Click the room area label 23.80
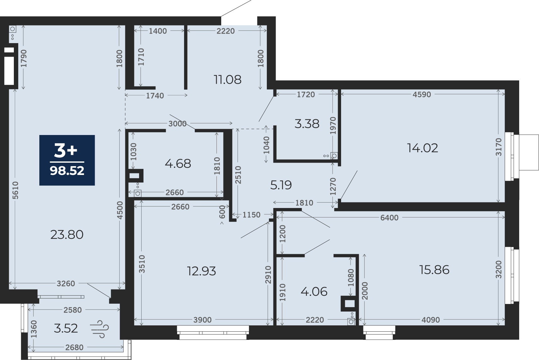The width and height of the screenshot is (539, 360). [67, 235]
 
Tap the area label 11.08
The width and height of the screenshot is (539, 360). [227, 80]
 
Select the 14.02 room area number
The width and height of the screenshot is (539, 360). [423, 148]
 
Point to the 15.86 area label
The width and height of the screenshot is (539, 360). [434, 270]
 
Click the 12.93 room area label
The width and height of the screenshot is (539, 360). [201, 271]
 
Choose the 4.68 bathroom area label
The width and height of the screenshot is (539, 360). [178, 164]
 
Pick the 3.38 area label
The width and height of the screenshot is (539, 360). [307, 124]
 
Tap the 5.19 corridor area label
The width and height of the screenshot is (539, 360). [281, 185]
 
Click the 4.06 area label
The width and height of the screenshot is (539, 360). [314, 292]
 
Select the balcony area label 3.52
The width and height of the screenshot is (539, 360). [66, 328]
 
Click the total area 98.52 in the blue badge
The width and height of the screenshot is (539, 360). [67, 171]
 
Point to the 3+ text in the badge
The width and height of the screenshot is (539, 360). [66, 151]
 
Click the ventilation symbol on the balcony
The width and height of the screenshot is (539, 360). [99, 329]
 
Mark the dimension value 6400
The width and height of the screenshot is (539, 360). [389, 218]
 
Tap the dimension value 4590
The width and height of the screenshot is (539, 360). [422, 95]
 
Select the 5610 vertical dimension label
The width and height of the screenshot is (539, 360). [15, 190]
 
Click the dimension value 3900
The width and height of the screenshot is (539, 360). [203, 320]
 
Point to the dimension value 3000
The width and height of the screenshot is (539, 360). [177, 124]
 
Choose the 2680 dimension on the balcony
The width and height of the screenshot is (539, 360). [74, 347]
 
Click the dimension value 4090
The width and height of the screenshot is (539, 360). [431, 320]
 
